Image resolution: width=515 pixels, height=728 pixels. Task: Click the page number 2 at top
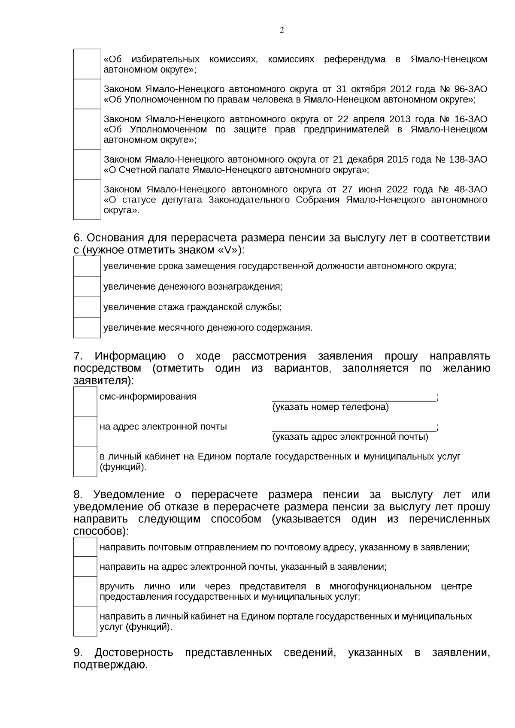(x=282, y=30)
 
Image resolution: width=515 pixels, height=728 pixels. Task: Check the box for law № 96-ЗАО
(x=87, y=94)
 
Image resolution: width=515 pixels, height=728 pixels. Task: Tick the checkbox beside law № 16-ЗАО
(x=87, y=129)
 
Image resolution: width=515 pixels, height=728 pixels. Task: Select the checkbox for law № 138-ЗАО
(x=87, y=164)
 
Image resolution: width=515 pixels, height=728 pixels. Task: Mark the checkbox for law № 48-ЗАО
(x=87, y=199)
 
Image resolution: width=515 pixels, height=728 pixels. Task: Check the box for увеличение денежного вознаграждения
(x=87, y=287)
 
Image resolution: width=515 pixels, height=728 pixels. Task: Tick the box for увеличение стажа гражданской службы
(x=87, y=307)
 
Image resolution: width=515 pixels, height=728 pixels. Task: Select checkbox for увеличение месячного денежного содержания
(x=87, y=328)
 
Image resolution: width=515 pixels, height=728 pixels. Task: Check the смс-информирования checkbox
(x=85, y=402)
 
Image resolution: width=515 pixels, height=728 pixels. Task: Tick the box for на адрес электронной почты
(x=85, y=432)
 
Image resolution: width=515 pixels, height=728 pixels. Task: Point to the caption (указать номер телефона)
(x=330, y=407)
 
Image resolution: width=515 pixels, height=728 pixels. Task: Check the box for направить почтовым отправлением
(x=85, y=547)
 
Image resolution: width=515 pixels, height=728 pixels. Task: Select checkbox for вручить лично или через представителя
(x=85, y=591)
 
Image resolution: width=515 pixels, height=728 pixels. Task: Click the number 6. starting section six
(x=78, y=238)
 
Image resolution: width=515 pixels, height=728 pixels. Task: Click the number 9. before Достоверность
(x=78, y=653)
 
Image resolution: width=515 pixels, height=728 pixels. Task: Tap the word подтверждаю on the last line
(x=110, y=665)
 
